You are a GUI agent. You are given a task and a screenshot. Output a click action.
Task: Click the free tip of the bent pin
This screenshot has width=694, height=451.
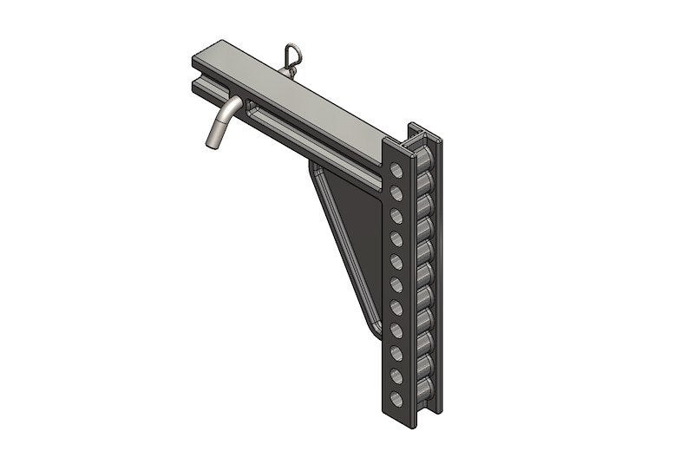click(x=210, y=141)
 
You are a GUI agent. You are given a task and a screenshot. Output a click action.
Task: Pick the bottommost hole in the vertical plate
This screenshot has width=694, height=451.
click(x=396, y=398)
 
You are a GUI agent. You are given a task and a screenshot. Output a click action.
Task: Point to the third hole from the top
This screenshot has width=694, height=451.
click(x=396, y=212)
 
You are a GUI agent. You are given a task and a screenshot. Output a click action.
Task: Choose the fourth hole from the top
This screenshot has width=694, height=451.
click(x=396, y=235)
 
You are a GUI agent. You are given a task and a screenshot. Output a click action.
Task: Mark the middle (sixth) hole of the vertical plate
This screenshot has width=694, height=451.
click(x=396, y=282)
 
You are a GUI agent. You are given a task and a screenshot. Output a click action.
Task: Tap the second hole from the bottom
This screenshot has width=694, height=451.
click(x=396, y=375)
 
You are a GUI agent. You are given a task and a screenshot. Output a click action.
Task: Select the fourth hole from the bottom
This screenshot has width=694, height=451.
click(x=396, y=328)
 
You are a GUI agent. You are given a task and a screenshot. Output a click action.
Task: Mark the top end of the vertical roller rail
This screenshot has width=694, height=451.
click(x=425, y=130)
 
